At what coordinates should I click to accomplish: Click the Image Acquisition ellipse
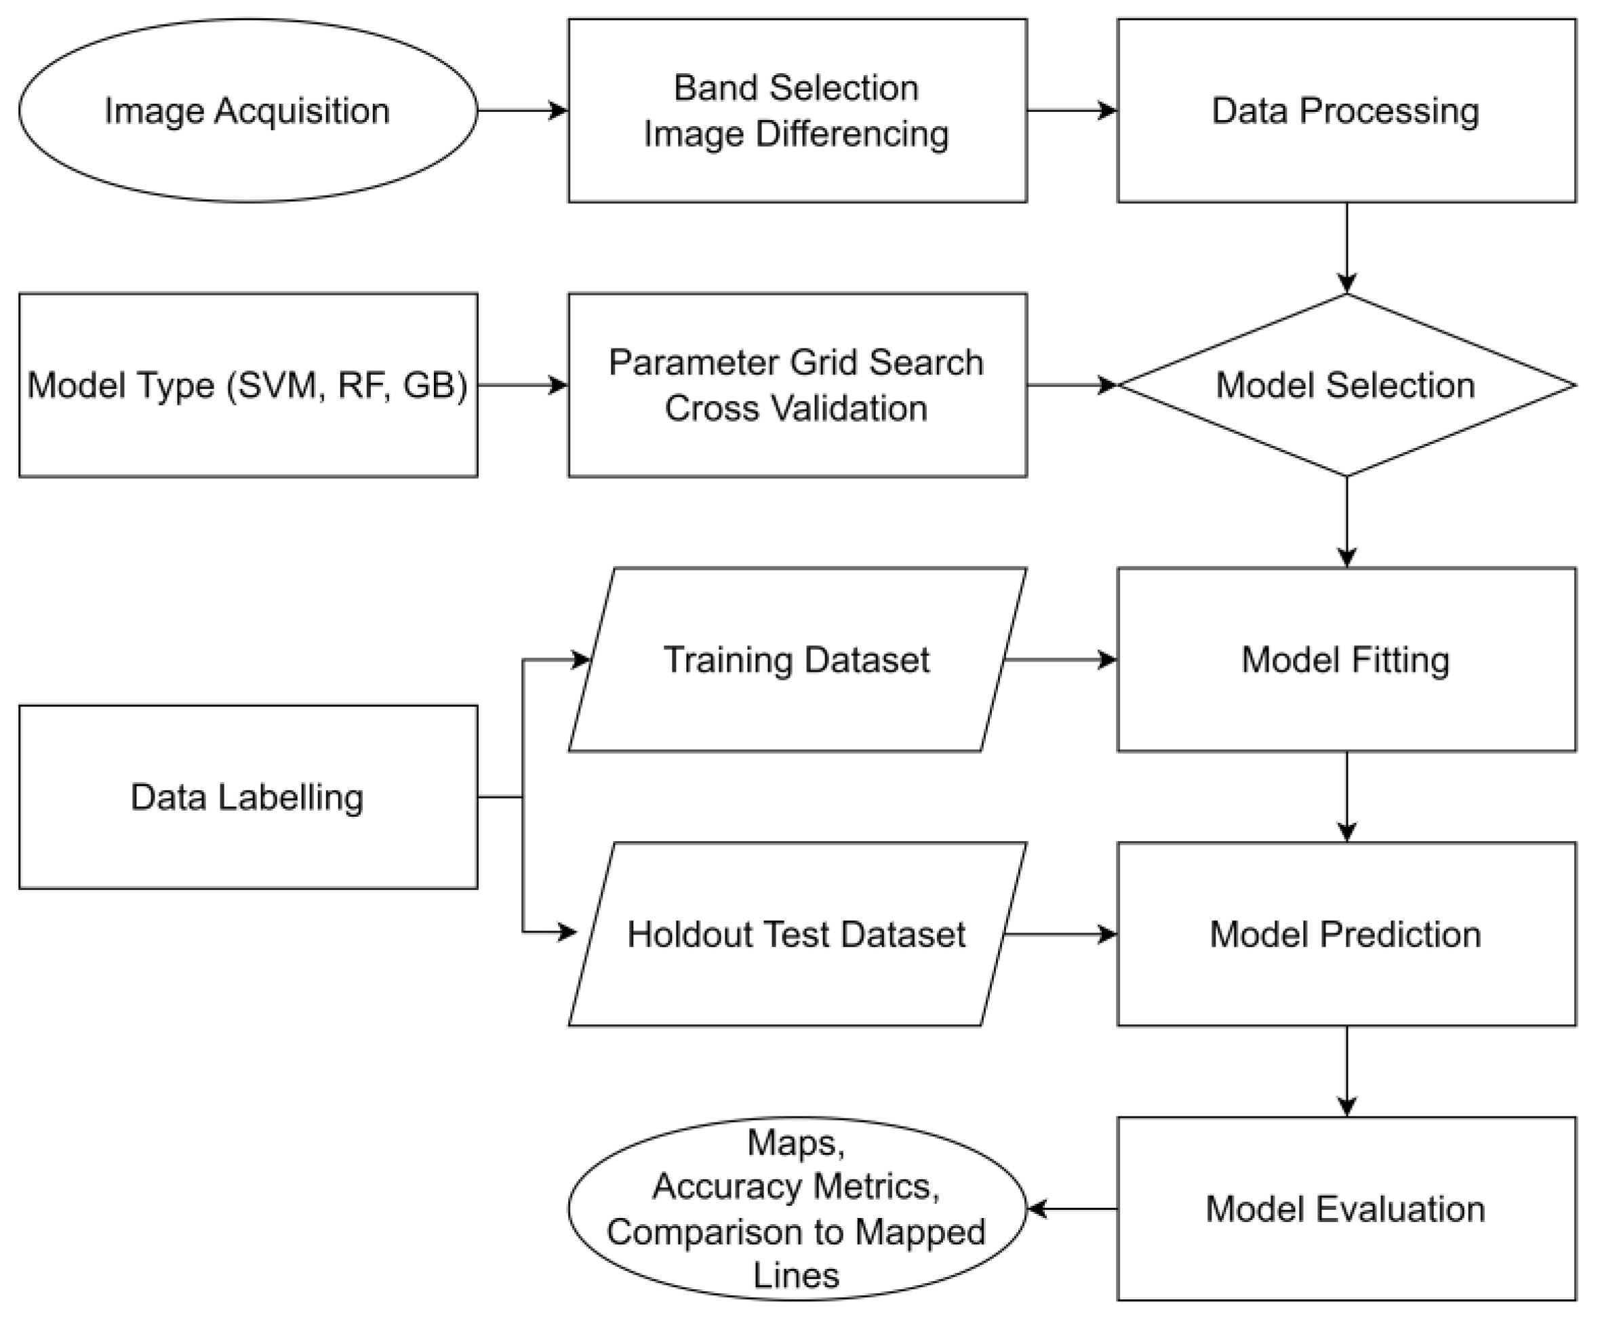pos(247,111)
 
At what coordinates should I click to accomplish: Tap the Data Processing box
pos(1346,111)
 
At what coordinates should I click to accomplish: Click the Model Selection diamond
pos(1346,385)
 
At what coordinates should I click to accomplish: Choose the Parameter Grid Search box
pos(797,385)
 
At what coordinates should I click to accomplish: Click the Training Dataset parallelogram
pos(797,659)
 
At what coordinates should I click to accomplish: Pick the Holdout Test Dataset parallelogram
pos(797,935)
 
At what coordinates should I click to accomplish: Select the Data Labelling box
pos(247,797)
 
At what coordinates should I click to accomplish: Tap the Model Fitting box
pos(1346,659)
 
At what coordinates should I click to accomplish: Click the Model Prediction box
pos(1346,935)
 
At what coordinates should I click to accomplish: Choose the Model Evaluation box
pos(1346,1209)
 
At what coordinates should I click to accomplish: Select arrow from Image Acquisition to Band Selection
pos(523,111)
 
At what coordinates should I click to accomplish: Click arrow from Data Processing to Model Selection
pos(1346,247)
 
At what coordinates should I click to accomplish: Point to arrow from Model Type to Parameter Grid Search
pos(523,385)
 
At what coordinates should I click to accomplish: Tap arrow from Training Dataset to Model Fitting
pos(1060,659)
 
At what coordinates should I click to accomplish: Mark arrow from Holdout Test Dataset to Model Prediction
pos(1060,935)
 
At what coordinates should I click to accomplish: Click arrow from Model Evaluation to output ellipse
pos(1072,1209)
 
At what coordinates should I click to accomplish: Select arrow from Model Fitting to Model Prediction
pos(1346,797)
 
